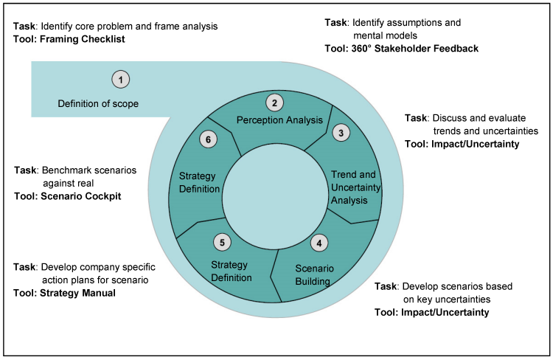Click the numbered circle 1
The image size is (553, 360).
[120, 78]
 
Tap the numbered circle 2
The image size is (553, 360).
[274, 103]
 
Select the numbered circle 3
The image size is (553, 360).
[340, 133]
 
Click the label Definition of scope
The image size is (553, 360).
[98, 103]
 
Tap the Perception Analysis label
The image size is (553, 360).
[279, 120]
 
